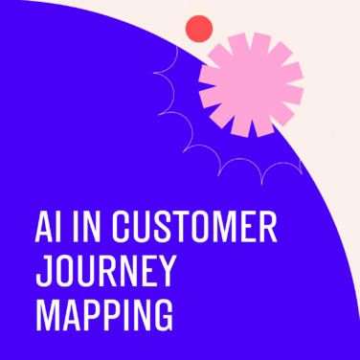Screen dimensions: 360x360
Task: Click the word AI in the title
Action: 47,229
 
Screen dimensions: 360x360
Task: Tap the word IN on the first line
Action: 84,229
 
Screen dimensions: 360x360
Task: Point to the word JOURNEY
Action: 105,273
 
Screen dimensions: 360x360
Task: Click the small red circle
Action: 198,29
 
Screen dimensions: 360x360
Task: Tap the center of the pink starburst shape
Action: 251,83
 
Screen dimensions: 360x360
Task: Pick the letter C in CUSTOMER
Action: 121,229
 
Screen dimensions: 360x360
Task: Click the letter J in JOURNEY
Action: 41,273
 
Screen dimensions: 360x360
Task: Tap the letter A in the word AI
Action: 42,229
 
